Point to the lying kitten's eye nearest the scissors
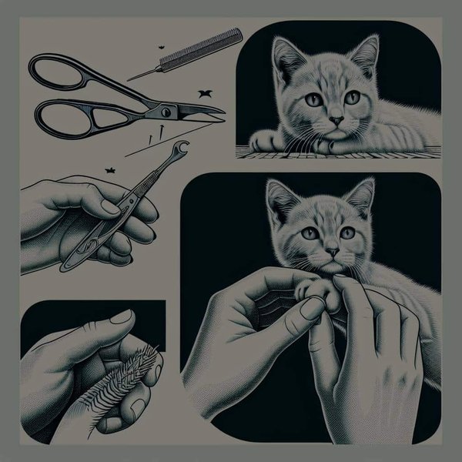(313, 100)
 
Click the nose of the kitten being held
(331, 252)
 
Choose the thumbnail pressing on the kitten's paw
(312, 308)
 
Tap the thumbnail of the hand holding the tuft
(121, 316)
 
